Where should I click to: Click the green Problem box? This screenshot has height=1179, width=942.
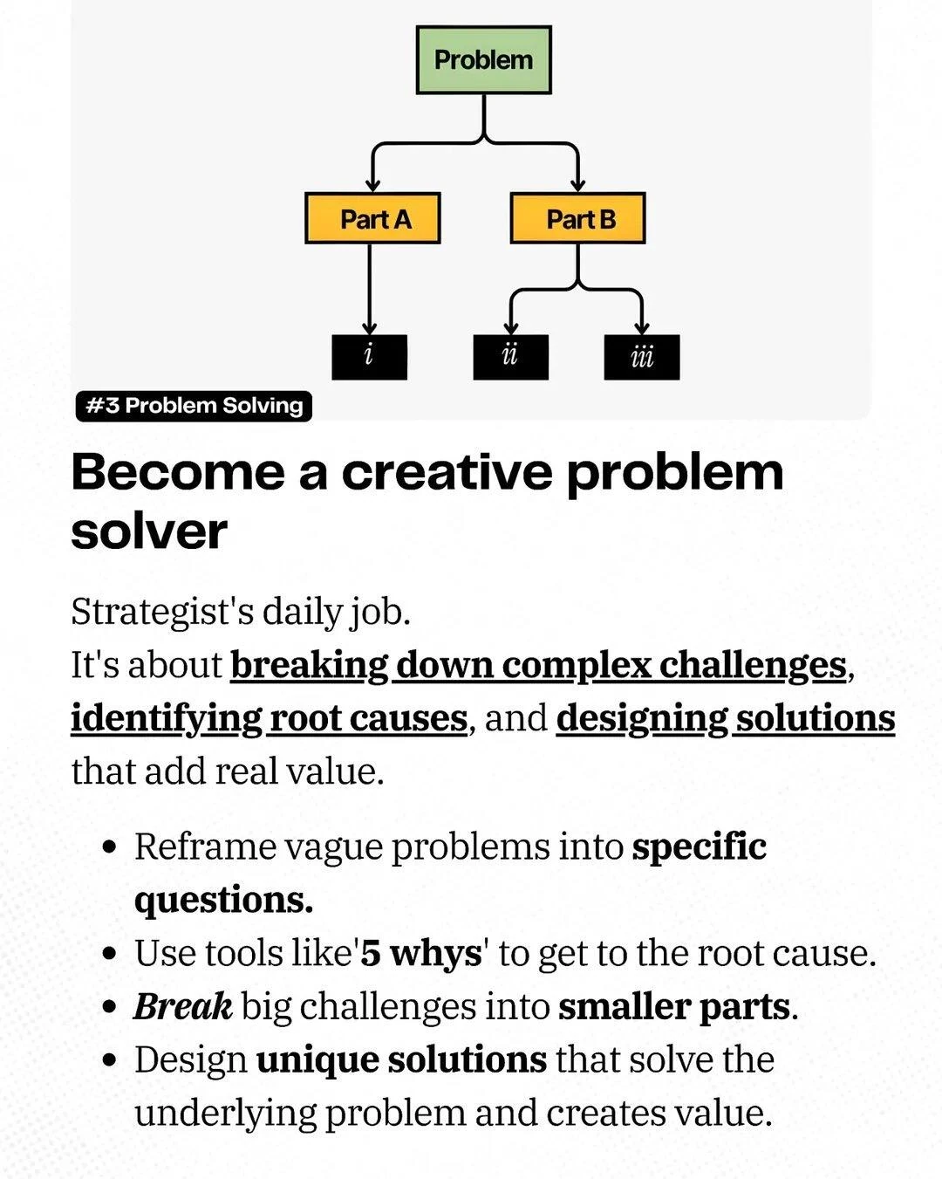483,60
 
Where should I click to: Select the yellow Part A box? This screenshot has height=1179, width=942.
372,218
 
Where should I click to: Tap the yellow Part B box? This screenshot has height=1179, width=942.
577,218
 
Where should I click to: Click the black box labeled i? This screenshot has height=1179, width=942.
369,357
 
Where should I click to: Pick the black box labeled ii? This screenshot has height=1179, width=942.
510,357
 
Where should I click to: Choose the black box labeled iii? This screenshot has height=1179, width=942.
641,357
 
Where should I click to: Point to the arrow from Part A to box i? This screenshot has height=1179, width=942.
370,288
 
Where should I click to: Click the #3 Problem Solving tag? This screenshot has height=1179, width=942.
194,406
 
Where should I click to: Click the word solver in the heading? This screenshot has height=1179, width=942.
149,531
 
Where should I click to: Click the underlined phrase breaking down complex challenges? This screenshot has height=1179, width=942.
538,665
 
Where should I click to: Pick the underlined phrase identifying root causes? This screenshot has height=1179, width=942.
269,718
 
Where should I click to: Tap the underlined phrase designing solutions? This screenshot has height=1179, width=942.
725,718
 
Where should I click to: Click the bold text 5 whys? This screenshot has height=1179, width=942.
421,953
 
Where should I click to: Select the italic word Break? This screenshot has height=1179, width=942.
182,1006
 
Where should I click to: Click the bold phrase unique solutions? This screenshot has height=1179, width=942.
401,1059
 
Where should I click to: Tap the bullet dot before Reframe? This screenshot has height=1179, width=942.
109,847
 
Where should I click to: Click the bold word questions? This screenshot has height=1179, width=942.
223,900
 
